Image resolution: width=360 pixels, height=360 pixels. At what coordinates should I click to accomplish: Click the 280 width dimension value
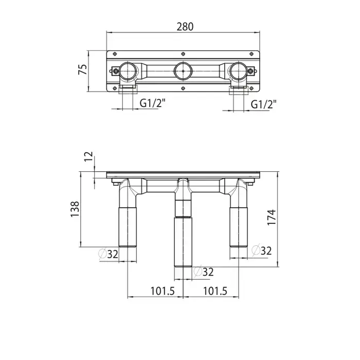click(x=185, y=27)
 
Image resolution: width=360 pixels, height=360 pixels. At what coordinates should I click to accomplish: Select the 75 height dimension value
click(x=83, y=69)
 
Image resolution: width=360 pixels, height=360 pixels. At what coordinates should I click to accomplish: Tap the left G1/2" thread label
click(x=152, y=103)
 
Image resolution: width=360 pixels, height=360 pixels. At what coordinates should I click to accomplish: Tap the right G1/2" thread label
click(x=263, y=104)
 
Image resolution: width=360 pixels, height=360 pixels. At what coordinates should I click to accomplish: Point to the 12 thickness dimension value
click(x=88, y=156)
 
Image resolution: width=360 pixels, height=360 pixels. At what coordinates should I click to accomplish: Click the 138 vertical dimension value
click(x=75, y=209)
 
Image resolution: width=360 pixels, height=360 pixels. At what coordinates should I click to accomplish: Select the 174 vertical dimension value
click(x=272, y=217)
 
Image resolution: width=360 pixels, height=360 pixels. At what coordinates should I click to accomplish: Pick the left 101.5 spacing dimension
click(x=163, y=291)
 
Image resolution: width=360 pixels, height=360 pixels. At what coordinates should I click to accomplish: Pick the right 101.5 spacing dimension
click(x=215, y=291)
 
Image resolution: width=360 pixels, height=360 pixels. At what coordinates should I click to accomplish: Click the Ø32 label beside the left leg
click(x=109, y=254)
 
